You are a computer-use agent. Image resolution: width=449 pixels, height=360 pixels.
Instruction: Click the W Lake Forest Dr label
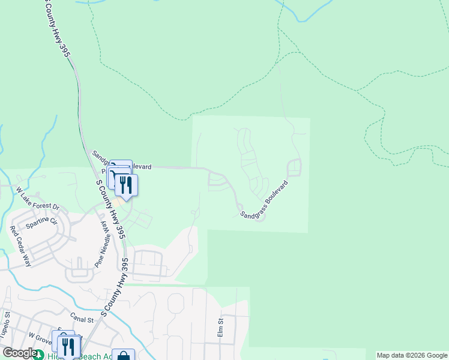tap(38, 199)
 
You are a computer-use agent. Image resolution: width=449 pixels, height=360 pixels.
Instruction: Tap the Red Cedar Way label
tap(20, 247)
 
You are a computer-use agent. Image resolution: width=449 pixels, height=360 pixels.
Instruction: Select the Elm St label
tap(220, 328)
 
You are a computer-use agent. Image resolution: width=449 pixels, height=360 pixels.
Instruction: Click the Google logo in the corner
tap(20, 353)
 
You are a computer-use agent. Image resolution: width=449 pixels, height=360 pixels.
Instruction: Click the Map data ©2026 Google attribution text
tap(412, 355)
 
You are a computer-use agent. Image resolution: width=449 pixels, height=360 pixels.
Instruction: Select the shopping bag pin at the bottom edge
tap(123, 355)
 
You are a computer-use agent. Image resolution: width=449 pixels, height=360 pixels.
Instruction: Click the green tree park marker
tap(38, 355)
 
